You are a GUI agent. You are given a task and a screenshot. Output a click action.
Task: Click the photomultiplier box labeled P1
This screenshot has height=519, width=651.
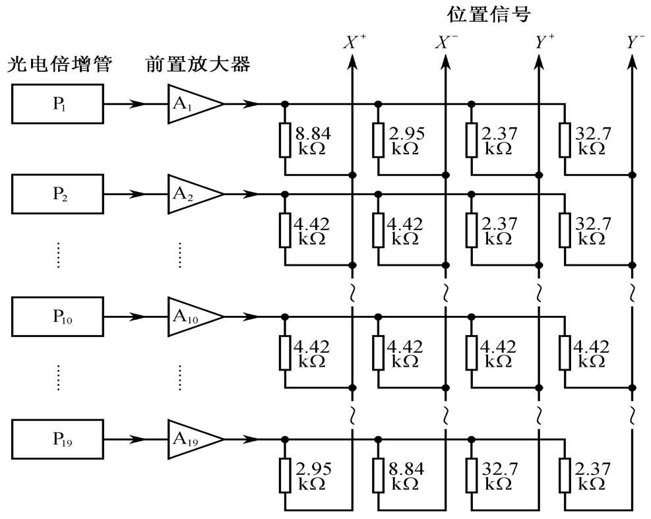(58, 104)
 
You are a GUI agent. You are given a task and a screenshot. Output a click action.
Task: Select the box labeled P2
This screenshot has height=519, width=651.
(58, 195)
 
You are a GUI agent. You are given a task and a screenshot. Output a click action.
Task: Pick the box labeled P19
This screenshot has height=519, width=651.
(58, 439)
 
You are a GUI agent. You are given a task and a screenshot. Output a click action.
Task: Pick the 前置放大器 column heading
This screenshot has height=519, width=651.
(198, 66)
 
